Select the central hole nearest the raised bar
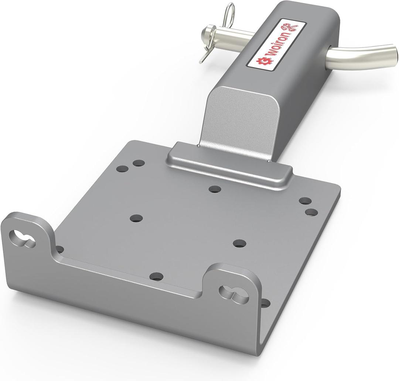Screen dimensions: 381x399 (x=214, y=189)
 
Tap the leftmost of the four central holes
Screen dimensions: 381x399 (x=136, y=218)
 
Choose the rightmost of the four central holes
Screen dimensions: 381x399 (x=239, y=243)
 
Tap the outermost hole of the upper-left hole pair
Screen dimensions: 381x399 (x=122, y=169)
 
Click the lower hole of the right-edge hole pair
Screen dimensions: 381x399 (x=311, y=212)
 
